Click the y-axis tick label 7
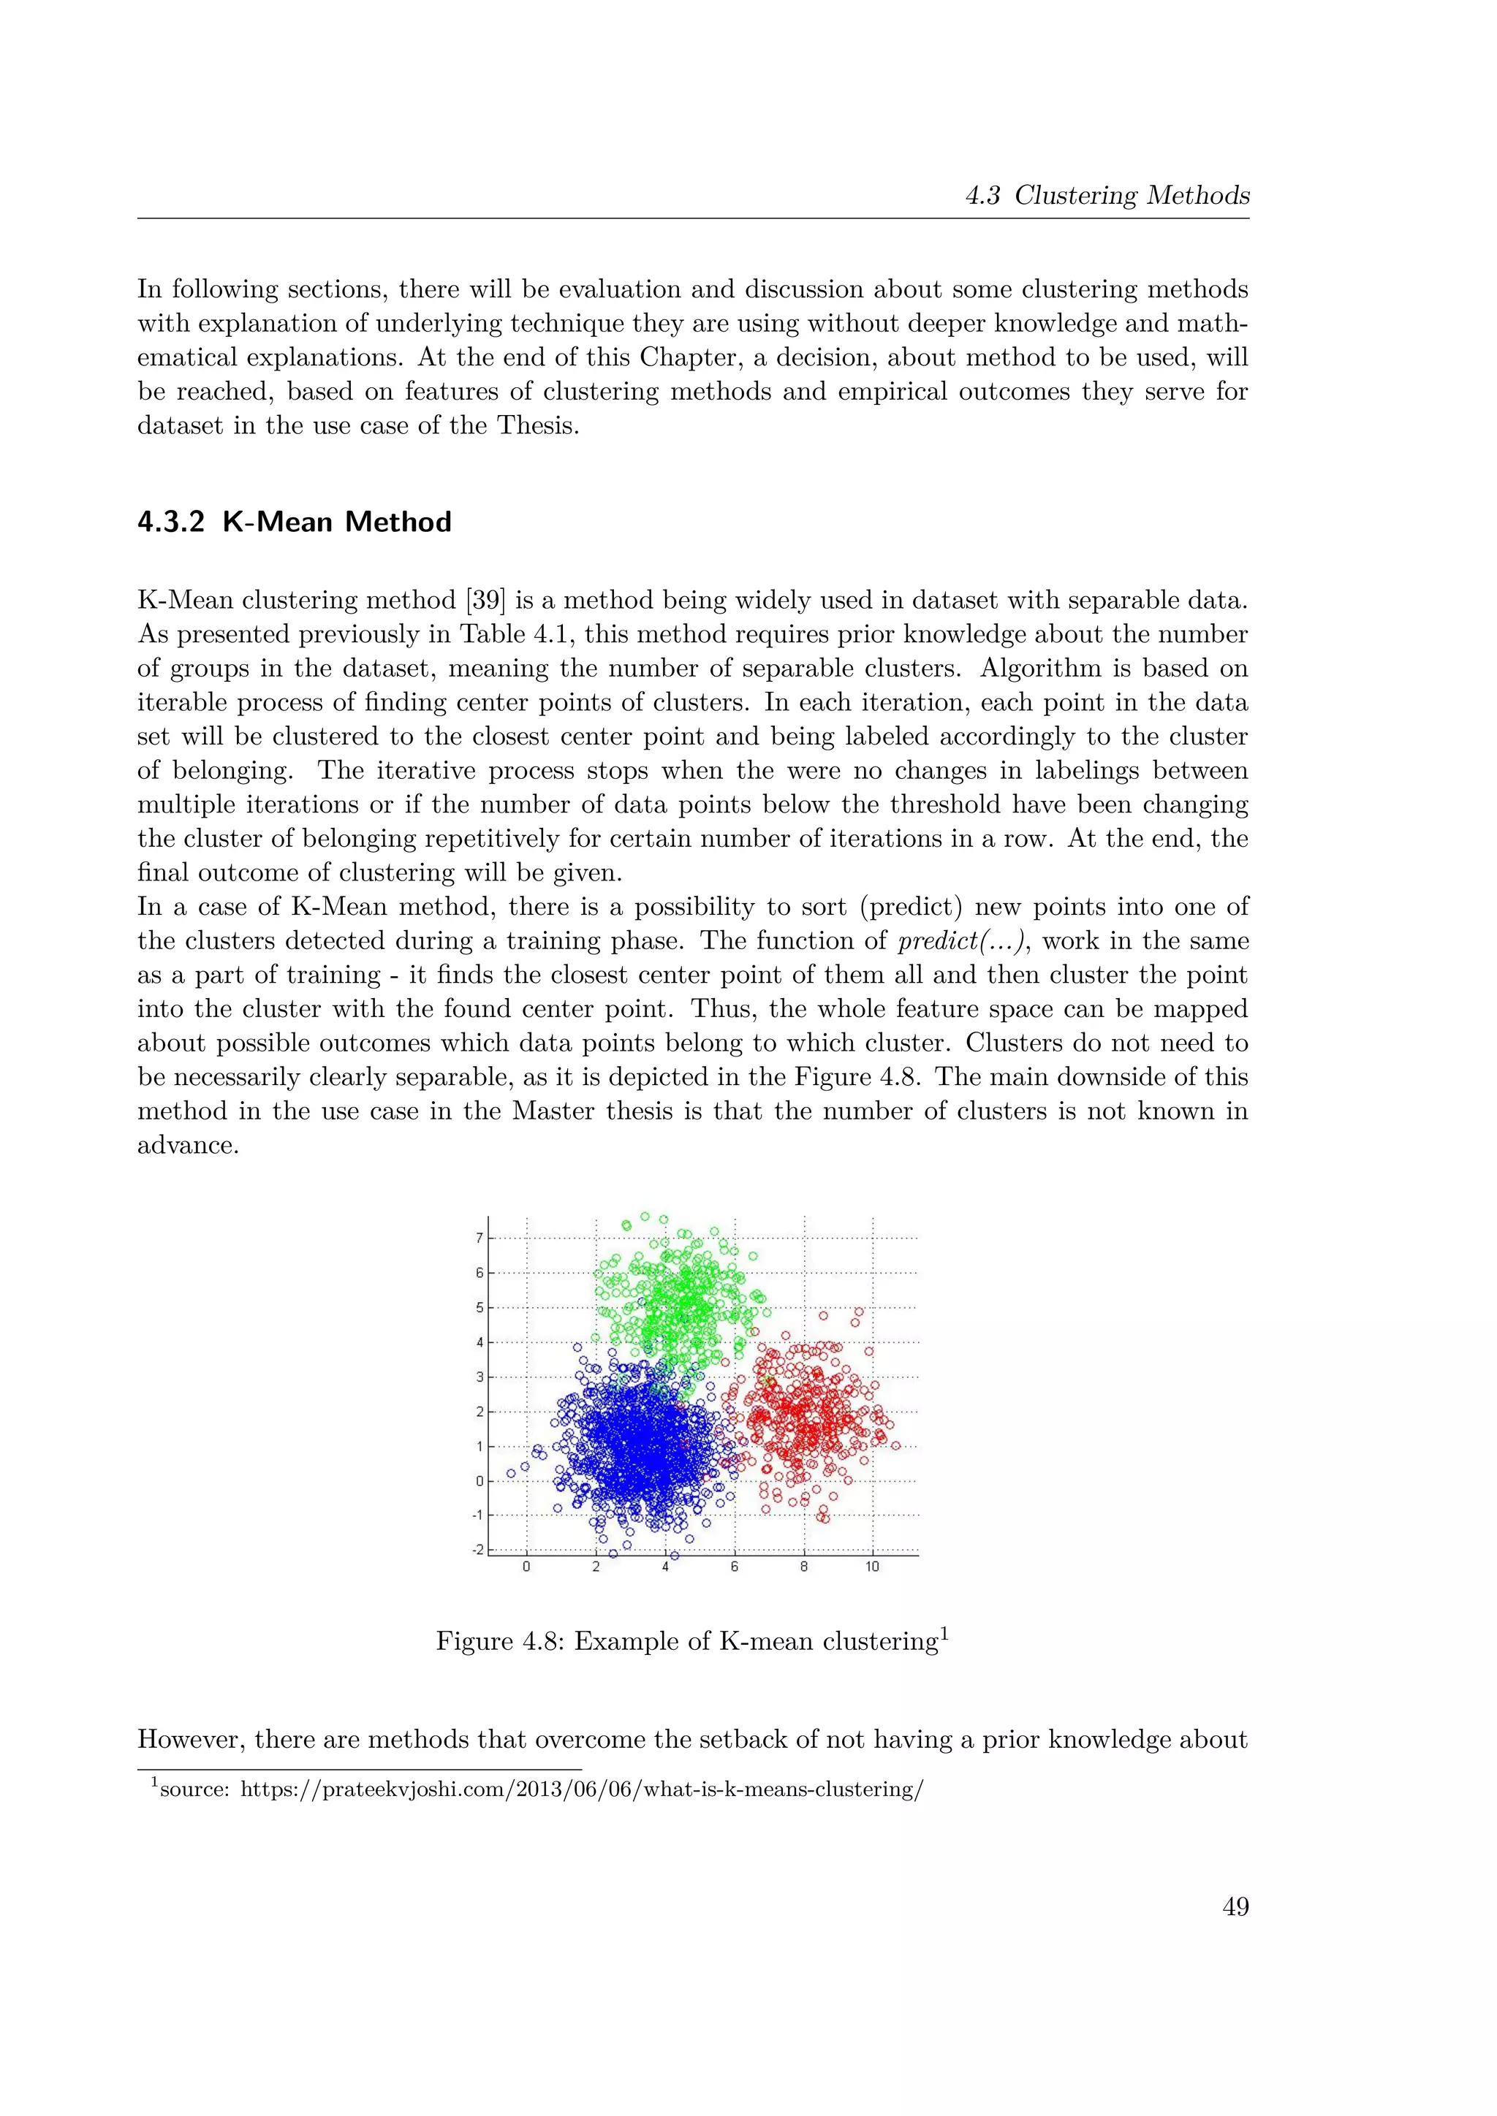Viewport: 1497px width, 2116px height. [480, 1238]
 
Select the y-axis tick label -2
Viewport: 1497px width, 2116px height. [477, 1549]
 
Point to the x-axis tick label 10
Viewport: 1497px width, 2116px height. [872, 1567]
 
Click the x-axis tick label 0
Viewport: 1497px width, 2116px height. [526, 1567]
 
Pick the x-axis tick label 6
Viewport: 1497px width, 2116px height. [735, 1567]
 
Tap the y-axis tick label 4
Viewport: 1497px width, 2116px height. [480, 1341]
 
